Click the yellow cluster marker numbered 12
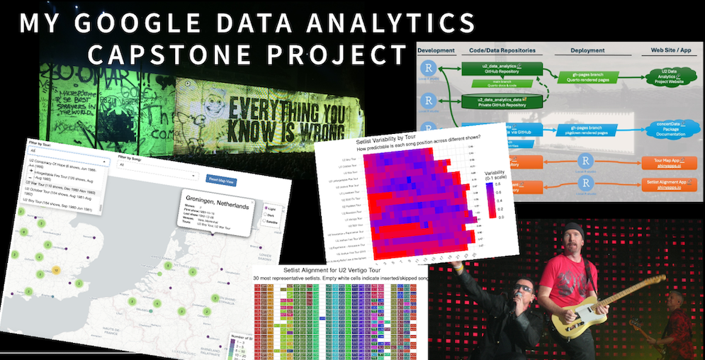click(56, 271)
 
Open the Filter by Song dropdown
click(157, 174)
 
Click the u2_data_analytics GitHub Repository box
click(500, 70)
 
